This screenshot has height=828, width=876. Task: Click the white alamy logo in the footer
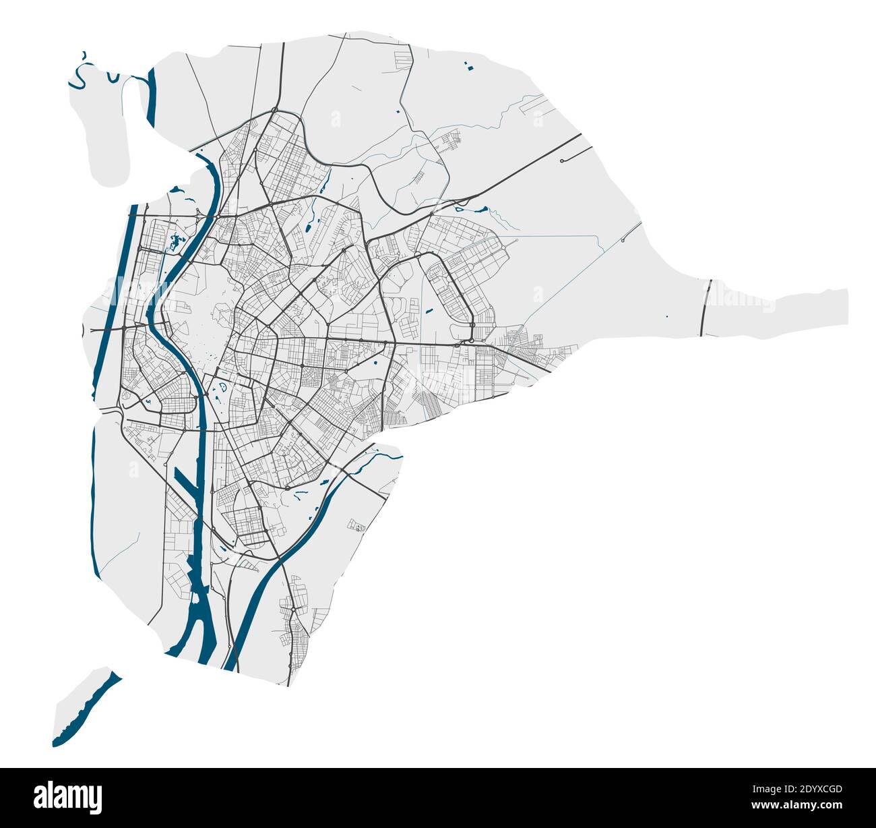(69, 796)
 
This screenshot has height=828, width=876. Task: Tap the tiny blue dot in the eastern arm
(666, 316)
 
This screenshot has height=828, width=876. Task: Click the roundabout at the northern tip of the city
(275, 110)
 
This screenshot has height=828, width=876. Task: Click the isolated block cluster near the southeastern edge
(356, 526)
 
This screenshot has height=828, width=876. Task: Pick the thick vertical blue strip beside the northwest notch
(151, 98)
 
